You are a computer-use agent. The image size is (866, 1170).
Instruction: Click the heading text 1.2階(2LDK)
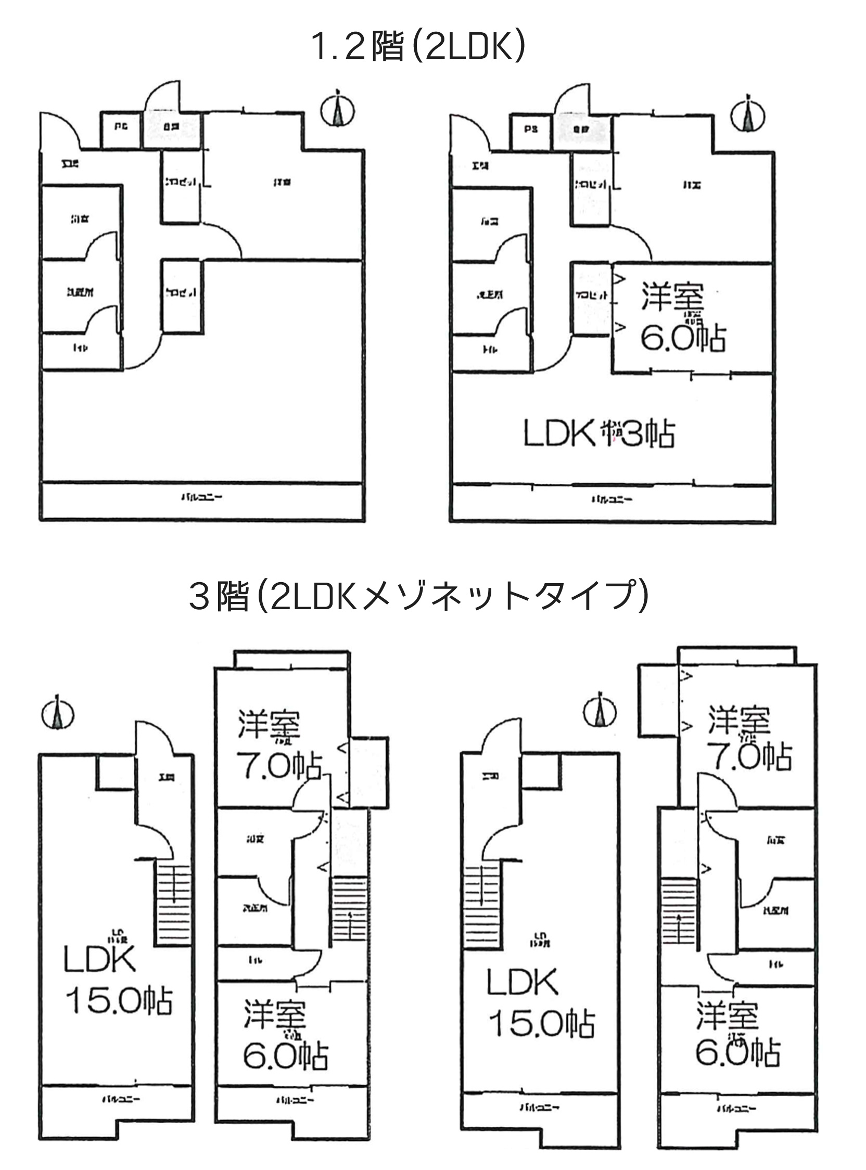418,47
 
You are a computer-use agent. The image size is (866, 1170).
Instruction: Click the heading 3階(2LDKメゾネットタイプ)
418,596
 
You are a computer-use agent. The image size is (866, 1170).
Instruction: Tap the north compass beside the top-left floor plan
338,110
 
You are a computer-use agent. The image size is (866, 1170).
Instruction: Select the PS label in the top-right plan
530,129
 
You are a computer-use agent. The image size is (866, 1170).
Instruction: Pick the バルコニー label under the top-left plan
202,497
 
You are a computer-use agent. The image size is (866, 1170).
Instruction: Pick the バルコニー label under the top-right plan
612,499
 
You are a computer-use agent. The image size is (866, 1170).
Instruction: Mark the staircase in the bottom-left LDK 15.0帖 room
172,905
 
